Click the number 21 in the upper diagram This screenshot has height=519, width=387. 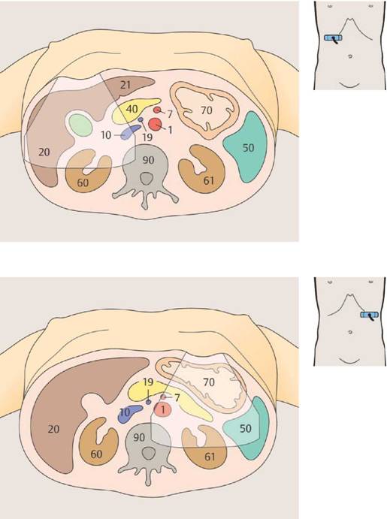[125, 85]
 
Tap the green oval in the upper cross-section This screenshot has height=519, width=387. [80, 125]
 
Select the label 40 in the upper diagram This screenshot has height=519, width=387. [132, 109]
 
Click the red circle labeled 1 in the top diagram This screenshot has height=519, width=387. [155, 125]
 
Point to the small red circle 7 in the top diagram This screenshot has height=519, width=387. [157, 110]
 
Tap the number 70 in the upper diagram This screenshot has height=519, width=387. [206, 110]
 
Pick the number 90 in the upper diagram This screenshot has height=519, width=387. [148, 160]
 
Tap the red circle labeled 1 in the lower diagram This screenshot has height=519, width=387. [162, 410]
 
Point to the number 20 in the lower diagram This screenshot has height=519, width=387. [53, 430]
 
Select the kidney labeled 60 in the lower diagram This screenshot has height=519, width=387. [98, 441]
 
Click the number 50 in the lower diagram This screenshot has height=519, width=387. [245, 429]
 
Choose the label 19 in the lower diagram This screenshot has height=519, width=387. [148, 382]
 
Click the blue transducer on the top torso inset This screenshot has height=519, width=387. [332, 38]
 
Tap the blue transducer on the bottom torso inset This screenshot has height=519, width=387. [369, 315]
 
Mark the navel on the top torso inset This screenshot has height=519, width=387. [349, 56]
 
